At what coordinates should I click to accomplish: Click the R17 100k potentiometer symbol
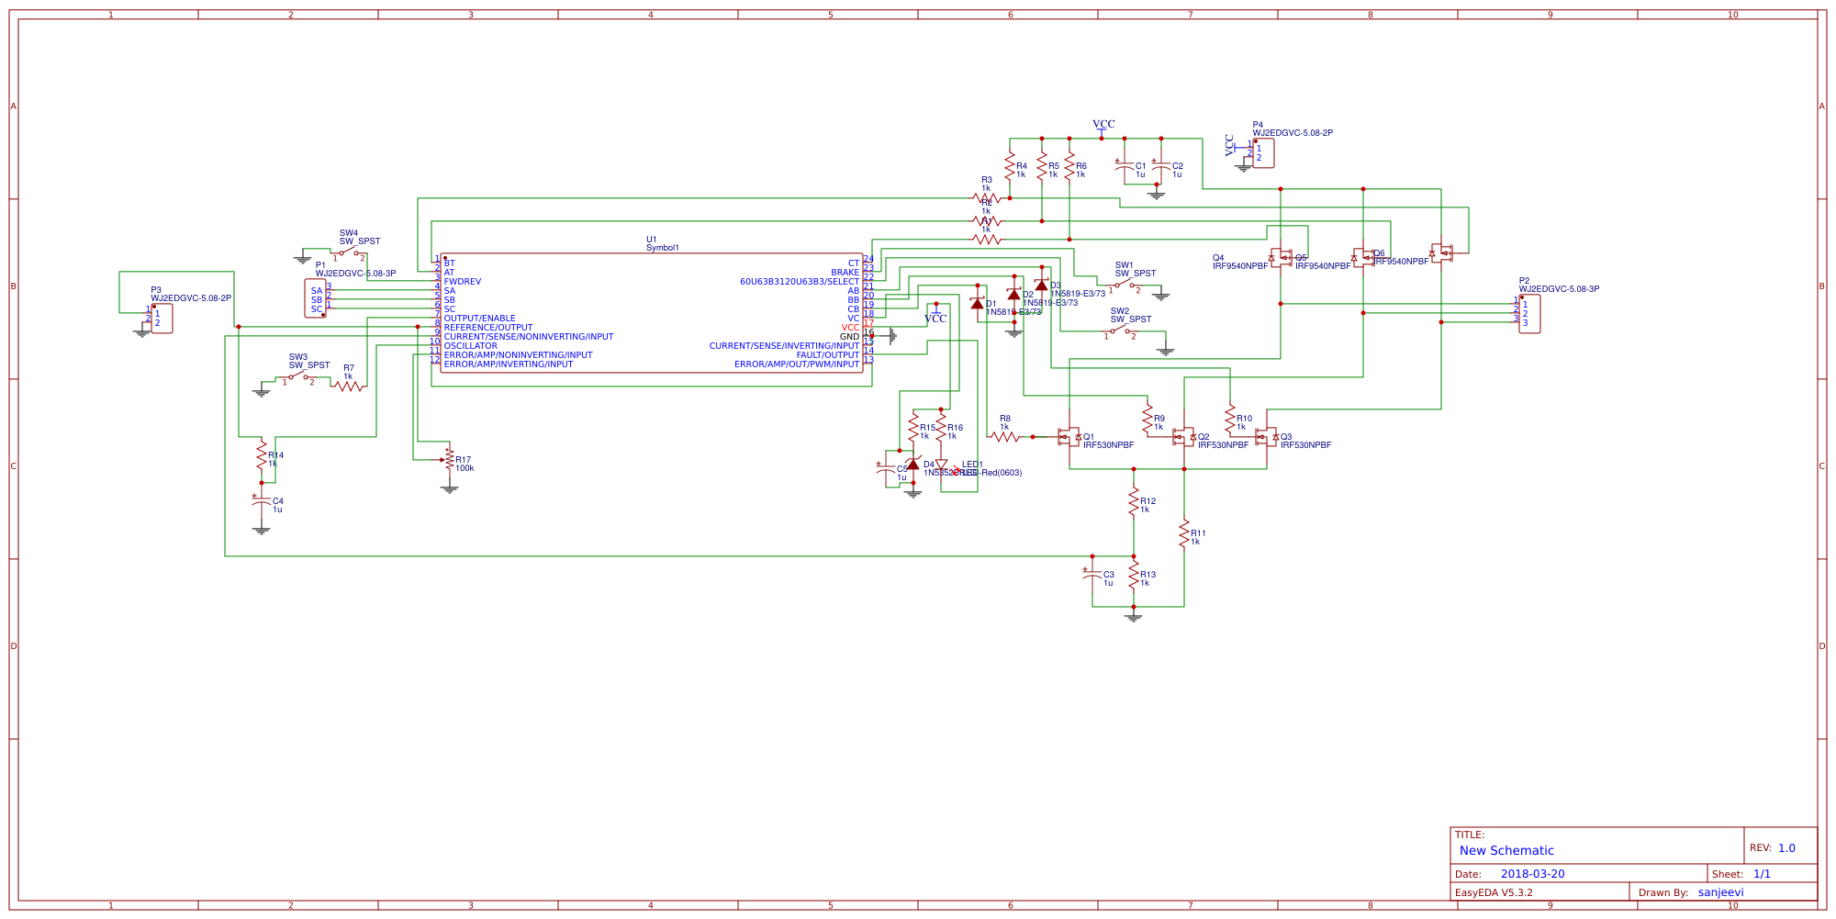pyautogui.click(x=449, y=462)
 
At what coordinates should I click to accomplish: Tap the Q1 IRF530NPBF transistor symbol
pyautogui.click(x=1069, y=437)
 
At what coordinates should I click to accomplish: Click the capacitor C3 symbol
pyautogui.click(x=1092, y=575)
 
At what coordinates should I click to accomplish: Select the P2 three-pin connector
pyautogui.click(x=1529, y=314)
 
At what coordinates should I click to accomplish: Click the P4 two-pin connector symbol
pyautogui.click(x=1263, y=153)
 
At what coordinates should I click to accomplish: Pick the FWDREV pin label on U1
pyautogui.click(x=463, y=282)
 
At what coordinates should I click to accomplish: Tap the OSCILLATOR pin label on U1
pyautogui.click(x=470, y=346)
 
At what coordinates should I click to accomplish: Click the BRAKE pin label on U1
pyautogui.click(x=845, y=273)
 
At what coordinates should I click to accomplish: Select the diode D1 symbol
pyautogui.click(x=977, y=303)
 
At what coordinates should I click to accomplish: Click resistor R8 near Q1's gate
pyautogui.click(x=1005, y=437)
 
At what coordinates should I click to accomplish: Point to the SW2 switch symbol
pyautogui.click(x=1120, y=330)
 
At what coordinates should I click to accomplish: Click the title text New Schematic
pyautogui.click(x=1506, y=851)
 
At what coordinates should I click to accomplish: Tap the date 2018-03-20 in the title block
pyautogui.click(x=1532, y=874)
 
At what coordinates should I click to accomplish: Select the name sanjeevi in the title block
pyautogui.click(x=1720, y=892)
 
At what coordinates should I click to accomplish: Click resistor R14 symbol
pyautogui.click(x=262, y=454)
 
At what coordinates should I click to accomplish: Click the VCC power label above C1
pyautogui.click(x=1103, y=124)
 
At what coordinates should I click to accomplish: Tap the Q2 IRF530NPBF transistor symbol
pyautogui.click(x=1183, y=437)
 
